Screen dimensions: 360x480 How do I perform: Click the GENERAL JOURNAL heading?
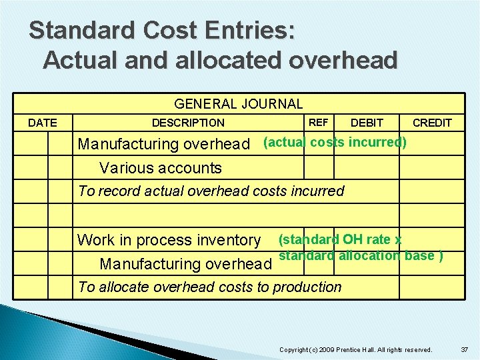238,103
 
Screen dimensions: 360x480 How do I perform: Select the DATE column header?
42,123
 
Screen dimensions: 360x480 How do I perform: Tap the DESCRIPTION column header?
188,123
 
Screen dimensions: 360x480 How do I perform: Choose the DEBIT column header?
367,123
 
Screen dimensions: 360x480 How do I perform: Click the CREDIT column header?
432,123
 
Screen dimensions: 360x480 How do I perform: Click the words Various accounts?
160,168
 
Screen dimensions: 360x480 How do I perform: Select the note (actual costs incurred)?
335,141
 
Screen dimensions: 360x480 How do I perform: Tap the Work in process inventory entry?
169,240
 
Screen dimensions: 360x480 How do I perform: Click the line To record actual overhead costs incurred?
211,191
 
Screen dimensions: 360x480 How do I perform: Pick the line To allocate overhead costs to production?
209,287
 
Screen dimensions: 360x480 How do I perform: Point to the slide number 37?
465,349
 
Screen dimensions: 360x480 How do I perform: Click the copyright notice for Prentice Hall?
355,349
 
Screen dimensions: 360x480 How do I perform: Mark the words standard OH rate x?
339,239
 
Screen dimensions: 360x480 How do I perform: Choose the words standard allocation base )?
361,256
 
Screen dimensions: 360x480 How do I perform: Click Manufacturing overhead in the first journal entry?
164,144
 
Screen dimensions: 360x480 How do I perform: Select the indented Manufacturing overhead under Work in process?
185,264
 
